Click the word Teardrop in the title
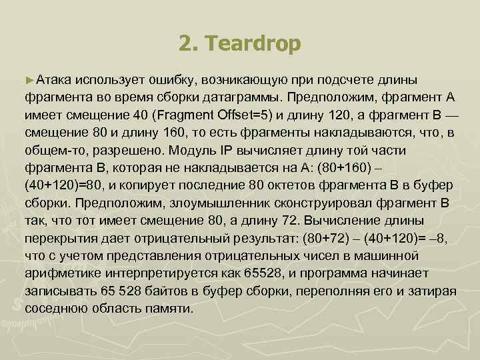tap(254, 45)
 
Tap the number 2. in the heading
tap(189, 45)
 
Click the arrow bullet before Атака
tap(29, 80)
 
